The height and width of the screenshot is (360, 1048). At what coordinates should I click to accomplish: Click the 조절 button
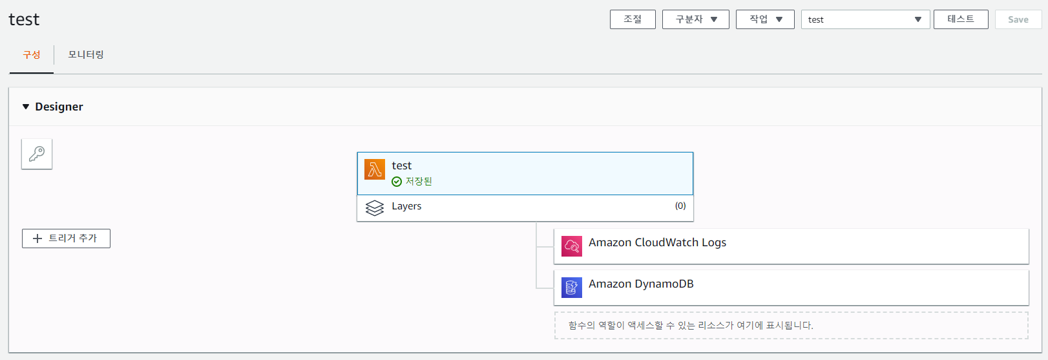[633, 19]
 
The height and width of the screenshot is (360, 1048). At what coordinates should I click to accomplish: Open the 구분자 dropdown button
[695, 19]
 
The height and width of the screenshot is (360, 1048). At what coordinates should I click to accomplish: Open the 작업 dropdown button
[764, 19]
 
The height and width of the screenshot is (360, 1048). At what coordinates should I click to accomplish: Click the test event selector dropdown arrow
[917, 19]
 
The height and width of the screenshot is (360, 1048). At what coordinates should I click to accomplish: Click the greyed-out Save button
[1018, 19]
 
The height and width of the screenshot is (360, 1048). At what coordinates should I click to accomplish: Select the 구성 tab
[32, 55]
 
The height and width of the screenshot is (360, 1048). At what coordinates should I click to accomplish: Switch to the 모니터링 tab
[86, 55]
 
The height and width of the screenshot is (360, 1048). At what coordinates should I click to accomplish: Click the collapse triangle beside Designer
[26, 107]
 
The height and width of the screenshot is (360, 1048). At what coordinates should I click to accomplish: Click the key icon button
[37, 154]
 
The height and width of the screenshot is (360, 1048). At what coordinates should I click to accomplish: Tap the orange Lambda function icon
[375, 169]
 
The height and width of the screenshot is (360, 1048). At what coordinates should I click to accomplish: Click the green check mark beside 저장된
[397, 182]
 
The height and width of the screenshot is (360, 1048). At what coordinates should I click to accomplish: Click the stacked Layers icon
[375, 207]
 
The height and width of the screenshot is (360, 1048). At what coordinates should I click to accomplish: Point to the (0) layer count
[680, 206]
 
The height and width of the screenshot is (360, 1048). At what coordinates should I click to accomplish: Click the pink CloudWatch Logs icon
[572, 246]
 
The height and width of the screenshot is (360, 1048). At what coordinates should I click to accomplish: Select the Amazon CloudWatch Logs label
[657, 242]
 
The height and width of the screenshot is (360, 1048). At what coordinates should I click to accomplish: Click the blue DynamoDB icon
[572, 288]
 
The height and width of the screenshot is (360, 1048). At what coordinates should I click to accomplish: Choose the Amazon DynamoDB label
[641, 284]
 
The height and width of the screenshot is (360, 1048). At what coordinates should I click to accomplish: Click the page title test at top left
[24, 19]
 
